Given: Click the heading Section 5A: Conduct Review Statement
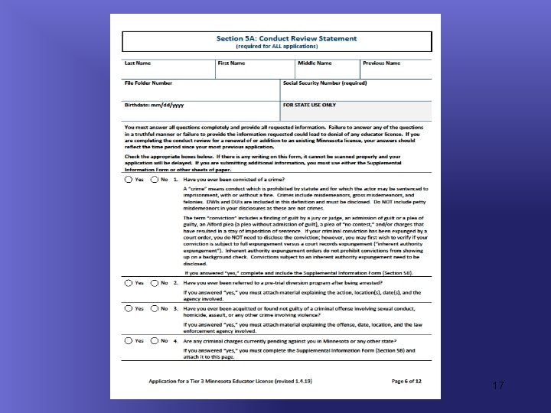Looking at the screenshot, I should [276, 38].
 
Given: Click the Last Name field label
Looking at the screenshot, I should [139, 63].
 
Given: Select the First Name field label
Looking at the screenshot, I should [231, 63].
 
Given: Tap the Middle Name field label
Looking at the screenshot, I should [315, 63].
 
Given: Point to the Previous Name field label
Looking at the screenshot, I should [382, 63].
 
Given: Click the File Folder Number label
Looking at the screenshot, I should [148, 83].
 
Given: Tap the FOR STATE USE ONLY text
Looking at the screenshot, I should [309, 104].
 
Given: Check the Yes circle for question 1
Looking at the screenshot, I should [128, 180].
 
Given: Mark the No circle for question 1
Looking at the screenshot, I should [154, 180].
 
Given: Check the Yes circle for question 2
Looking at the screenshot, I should [128, 282].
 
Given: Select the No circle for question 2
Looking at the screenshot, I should [154, 282].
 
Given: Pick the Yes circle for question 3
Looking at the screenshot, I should [128, 308].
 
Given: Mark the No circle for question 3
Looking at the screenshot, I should [154, 308].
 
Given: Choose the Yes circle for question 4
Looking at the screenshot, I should [128, 340].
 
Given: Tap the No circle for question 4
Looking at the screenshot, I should [154, 340].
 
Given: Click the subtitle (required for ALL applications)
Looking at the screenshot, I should [276, 46].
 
